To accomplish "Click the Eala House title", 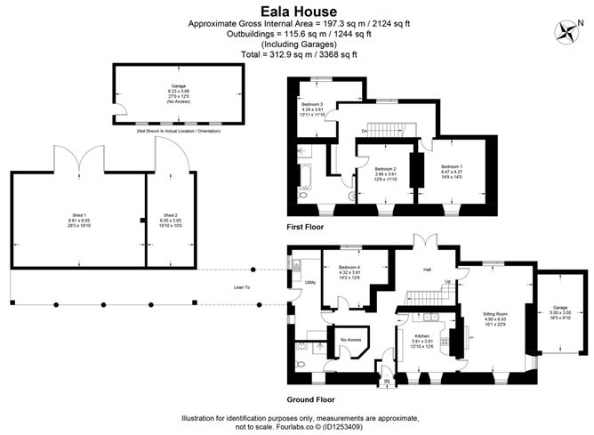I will [296, 10].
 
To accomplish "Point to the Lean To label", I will [242, 287].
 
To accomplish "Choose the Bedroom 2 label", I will [384, 168].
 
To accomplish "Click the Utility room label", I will [310, 282].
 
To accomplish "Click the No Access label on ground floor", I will [349, 339].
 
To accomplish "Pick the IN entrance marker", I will [387, 383].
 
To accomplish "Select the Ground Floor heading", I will [311, 399].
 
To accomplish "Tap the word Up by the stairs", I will [448, 282].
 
